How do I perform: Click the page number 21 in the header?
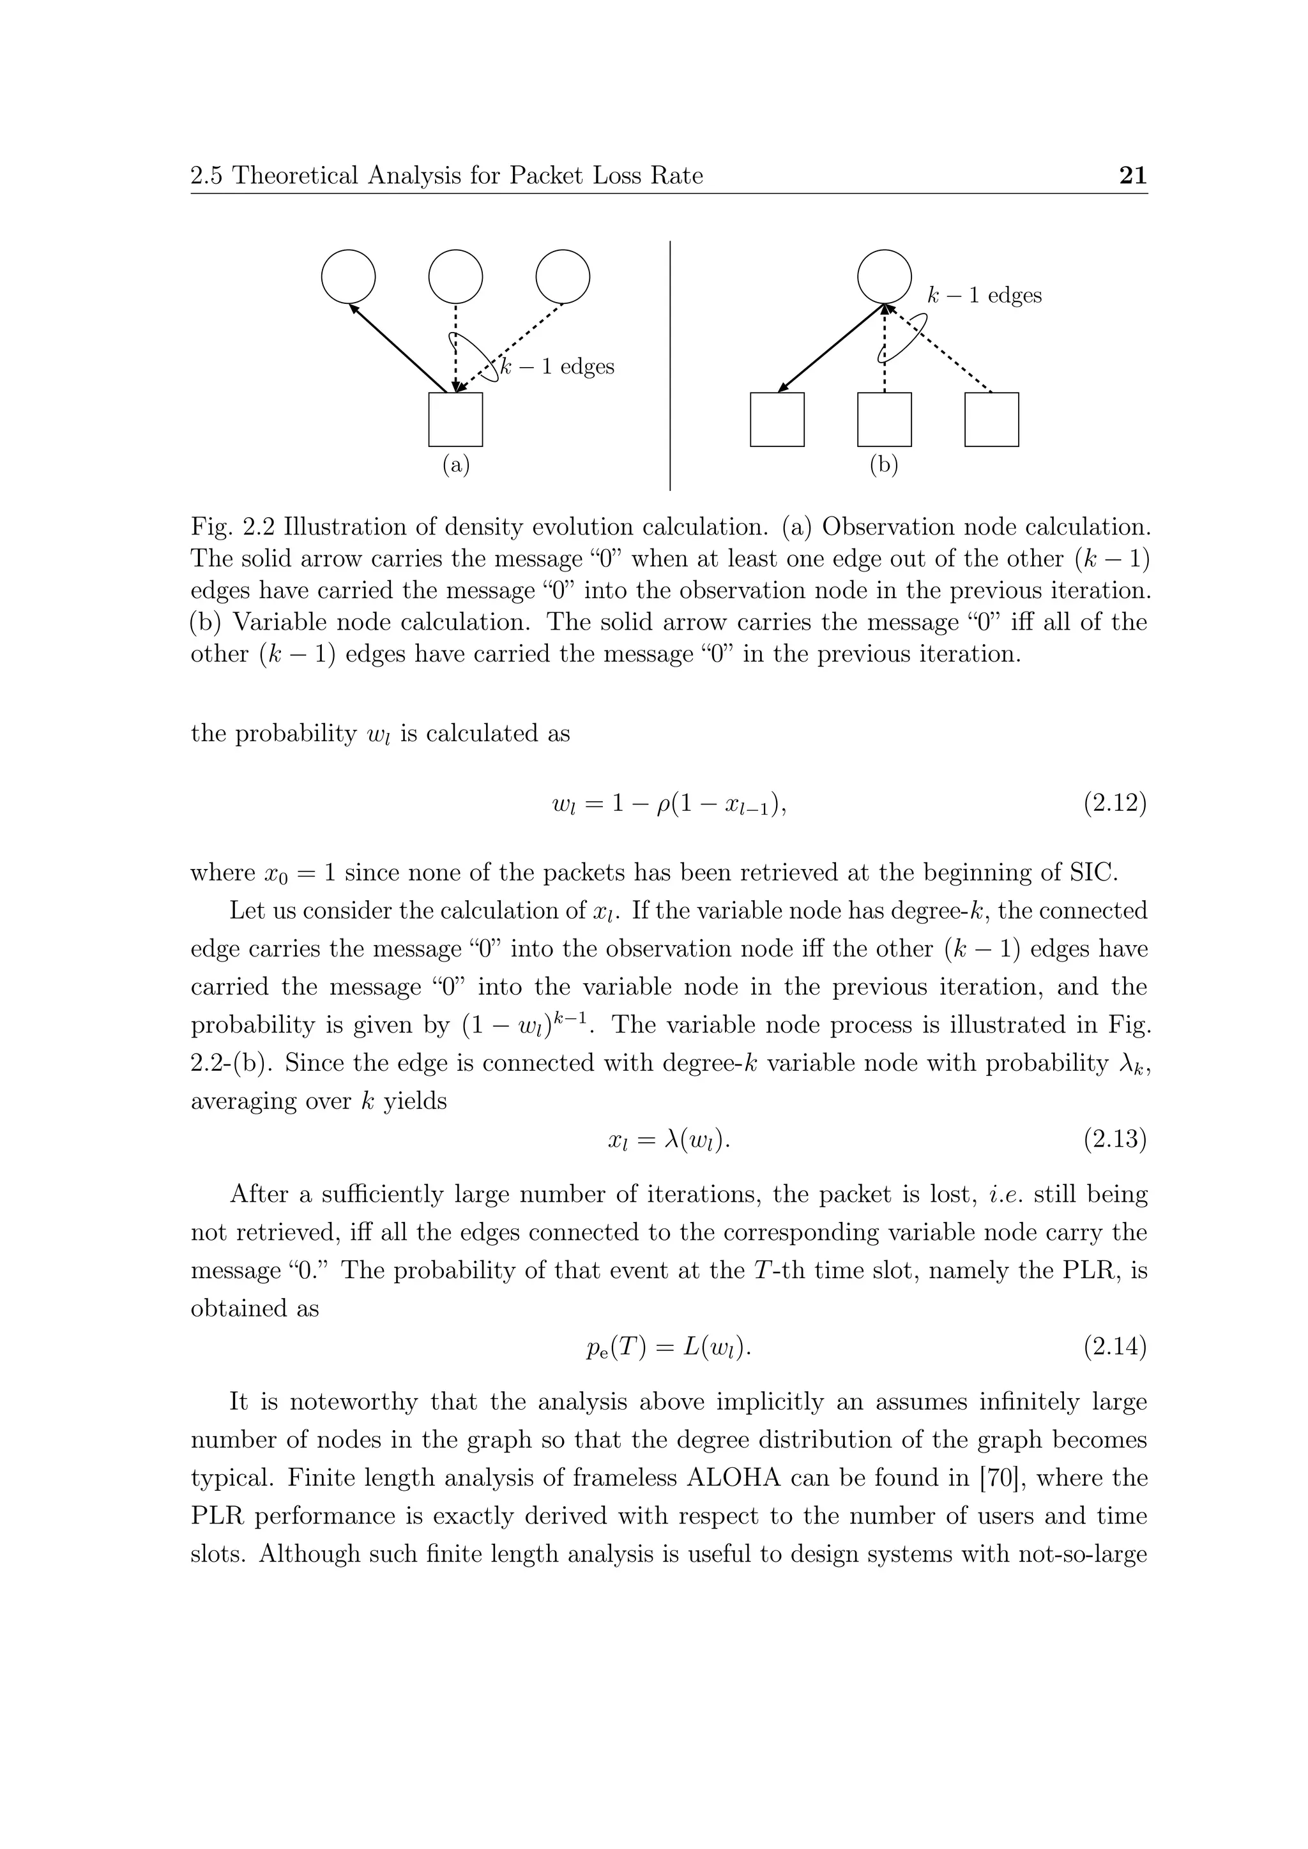pos(1132,176)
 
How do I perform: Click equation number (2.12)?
pos(1114,804)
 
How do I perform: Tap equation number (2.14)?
pos(1114,1347)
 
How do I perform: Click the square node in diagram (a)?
pos(455,419)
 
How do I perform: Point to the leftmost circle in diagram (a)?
pos(348,276)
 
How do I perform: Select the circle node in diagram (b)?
pos(885,276)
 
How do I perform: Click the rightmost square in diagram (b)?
pos(991,419)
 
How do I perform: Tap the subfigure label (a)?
pos(455,465)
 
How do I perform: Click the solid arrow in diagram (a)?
pos(399,348)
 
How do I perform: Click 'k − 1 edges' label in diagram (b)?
pos(984,296)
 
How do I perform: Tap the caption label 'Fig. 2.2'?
pos(232,527)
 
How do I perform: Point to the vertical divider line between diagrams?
pos(670,366)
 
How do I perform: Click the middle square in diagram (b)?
pos(885,419)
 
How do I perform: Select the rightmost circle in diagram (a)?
pos(562,276)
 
